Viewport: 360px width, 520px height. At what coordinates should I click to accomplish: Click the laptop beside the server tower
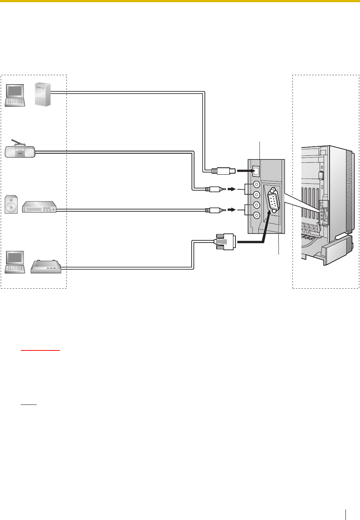pos(15,95)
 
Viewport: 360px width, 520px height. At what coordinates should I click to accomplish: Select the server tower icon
pos(43,94)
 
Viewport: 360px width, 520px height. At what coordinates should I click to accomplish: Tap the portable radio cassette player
pos(20,151)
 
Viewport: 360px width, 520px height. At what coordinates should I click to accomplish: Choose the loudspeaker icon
pos(11,204)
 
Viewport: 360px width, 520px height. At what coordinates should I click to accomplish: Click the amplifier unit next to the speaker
pos(39,207)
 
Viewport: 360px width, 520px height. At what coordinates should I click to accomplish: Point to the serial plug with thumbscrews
pos(225,241)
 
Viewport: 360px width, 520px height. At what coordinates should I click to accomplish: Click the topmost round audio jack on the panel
pos(257,184)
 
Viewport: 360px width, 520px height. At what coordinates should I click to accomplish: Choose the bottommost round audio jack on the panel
pos(257,215)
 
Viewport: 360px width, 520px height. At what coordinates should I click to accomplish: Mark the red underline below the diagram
pos(40,350)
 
